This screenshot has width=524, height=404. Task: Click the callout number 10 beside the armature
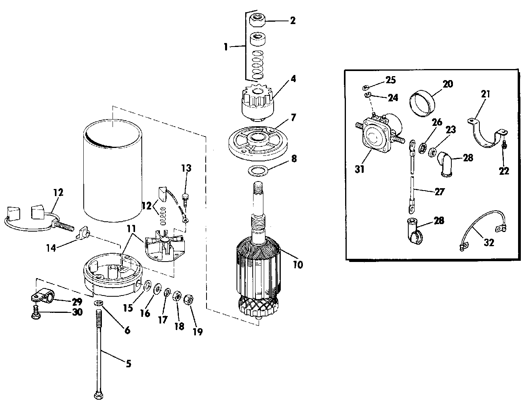tap(298, 264)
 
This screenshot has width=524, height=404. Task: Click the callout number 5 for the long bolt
tap(128, 363)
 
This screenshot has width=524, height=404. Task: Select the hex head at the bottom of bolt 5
tap(98, 396)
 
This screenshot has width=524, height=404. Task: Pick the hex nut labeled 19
tap(189, 299)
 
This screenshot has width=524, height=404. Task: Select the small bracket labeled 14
tap(83, 233)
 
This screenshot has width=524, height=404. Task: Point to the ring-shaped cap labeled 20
tap(423, 103)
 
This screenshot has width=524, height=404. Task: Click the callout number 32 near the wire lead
tap(489, 242)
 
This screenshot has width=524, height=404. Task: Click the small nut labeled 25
tap(366, 87)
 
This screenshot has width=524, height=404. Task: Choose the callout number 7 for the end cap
tap(293, 117)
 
